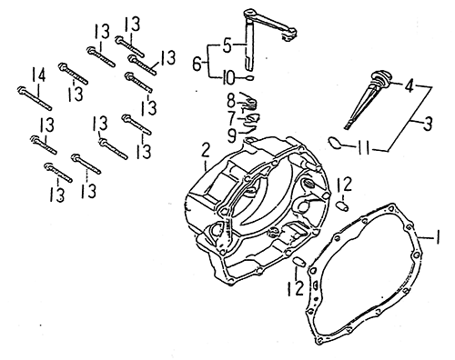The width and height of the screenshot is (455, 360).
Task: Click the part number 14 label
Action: coord(39,75)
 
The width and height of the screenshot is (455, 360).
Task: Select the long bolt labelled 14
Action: coord(35,99)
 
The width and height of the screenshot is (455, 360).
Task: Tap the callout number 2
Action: coord(206,150)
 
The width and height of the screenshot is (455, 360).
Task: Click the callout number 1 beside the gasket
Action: coord(437,237)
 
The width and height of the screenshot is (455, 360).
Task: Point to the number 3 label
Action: coord(428,123)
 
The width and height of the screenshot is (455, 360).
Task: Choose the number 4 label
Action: coord(409,85)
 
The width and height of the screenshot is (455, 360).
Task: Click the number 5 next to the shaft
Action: coord(227,46)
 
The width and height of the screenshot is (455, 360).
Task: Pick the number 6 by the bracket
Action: coord(197,64)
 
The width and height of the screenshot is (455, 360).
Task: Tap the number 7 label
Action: coord(232,118)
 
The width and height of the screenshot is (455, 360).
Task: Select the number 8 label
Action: coord(231,101)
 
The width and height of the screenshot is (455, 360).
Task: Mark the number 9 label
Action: coord(232,135)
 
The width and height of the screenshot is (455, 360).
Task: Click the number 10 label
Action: coord(228,78)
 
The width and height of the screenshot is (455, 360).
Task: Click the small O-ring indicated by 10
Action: coord(249,77)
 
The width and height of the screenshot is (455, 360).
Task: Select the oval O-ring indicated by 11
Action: coord(335,142)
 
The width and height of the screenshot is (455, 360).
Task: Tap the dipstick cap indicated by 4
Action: coord(380,77)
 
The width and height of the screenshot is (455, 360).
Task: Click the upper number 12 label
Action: coord(344,185)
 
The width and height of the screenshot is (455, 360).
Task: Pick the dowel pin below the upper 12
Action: coord(342,206)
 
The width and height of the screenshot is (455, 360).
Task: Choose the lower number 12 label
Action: coord(296,288)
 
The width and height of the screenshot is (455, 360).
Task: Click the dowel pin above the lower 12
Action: coord(299,262)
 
